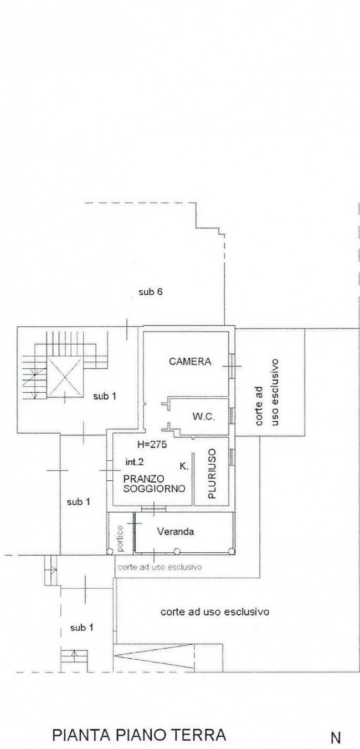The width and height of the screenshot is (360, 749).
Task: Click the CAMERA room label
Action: [x=190, y=361]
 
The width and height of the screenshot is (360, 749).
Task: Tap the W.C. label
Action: [x=204, y=417]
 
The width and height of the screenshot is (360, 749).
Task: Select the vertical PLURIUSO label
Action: [x=211, y=474]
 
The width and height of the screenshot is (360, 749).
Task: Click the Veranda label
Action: [x=176, y=531]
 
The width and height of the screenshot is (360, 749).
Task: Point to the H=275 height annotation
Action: [x=152, y=444]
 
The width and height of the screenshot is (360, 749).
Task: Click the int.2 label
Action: [x=135, y=462]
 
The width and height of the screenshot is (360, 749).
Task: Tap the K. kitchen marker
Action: [x=184, y=466]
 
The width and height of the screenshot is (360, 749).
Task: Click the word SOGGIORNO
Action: [x=155, y=489]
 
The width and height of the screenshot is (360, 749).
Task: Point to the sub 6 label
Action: [x=151, y=292]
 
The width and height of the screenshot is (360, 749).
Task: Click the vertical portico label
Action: [x=120, y=538]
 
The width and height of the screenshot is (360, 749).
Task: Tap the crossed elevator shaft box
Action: [x=64, y=377]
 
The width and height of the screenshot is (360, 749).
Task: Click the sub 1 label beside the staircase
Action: [x=105, y=397]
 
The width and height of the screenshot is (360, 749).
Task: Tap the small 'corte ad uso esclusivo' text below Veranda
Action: [x=160, y=567]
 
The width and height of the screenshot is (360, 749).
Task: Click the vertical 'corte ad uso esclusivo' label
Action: [x=267, y=393]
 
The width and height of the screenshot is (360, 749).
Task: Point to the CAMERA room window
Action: [x=232, y=366]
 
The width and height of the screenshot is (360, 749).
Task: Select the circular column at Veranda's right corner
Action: [x=231, y=551]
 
